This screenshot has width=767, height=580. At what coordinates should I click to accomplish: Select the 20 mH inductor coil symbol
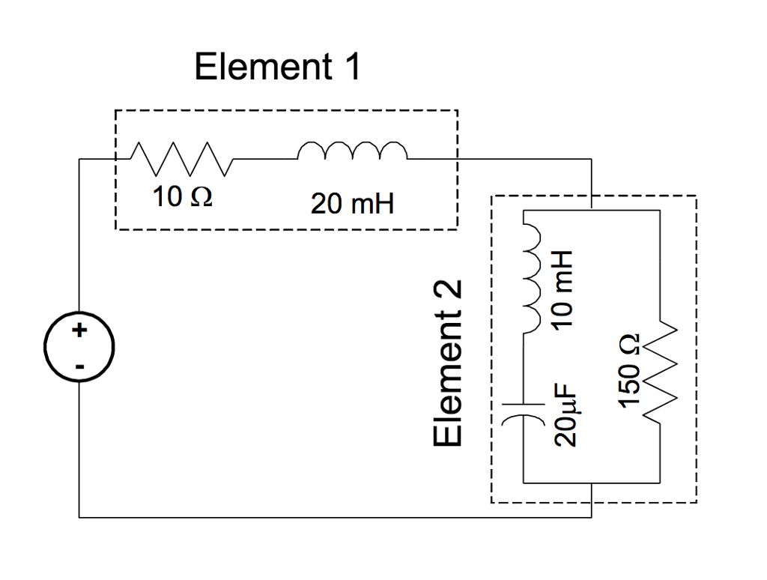pos(352,151)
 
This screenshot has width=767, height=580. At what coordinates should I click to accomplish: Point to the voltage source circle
pos(79,348)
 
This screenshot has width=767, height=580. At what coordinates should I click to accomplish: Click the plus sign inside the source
pos(79,330)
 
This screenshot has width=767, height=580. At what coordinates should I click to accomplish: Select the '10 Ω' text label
pos(181,197)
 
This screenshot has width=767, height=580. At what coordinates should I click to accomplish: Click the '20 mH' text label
pos(352,204)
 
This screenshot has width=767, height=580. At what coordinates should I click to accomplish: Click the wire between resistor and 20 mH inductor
pos(266,159)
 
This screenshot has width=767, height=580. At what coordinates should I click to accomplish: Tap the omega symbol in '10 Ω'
pos(201,198)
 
